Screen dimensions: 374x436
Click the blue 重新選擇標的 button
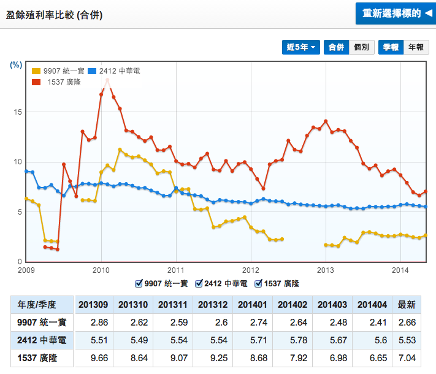pyautogui.click(x=395, y=13)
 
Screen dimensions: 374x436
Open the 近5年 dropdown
pyautogui.click(x=301, y=47)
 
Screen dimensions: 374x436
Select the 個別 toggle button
pyautogui.click(x=361, y=47)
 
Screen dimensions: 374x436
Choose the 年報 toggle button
pyautogui.click(x=415, y=47)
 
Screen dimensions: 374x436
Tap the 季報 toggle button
pyautogui.click(x=391, y=47)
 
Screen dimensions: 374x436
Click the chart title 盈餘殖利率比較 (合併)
pyautogui.click(x=54, y=15)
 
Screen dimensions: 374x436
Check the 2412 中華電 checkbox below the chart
pyautogui.click(x=199, y=283)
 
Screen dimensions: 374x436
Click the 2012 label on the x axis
pyautogui.click(x=251, y=270)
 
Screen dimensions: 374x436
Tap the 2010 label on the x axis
pyautogui.click(x=101, y=270)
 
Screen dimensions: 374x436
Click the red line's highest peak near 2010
pyautogui.click(x=107, y=79)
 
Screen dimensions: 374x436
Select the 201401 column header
pyautogui.click(x=253, y=304)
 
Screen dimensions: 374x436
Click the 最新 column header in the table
pyautogui.click(x=407, y=304)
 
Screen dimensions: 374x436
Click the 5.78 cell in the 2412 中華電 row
pyautogui.click(x=293, y=339)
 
